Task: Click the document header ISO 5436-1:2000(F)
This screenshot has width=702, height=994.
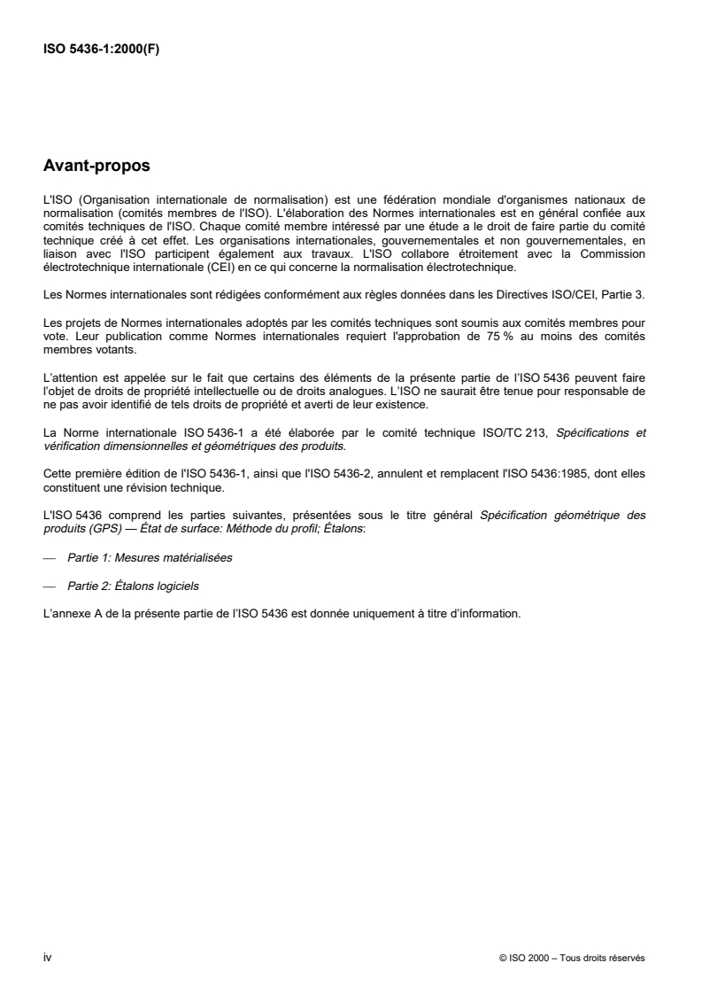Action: coord(102,50)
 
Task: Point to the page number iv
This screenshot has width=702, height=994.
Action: coord(48,957)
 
